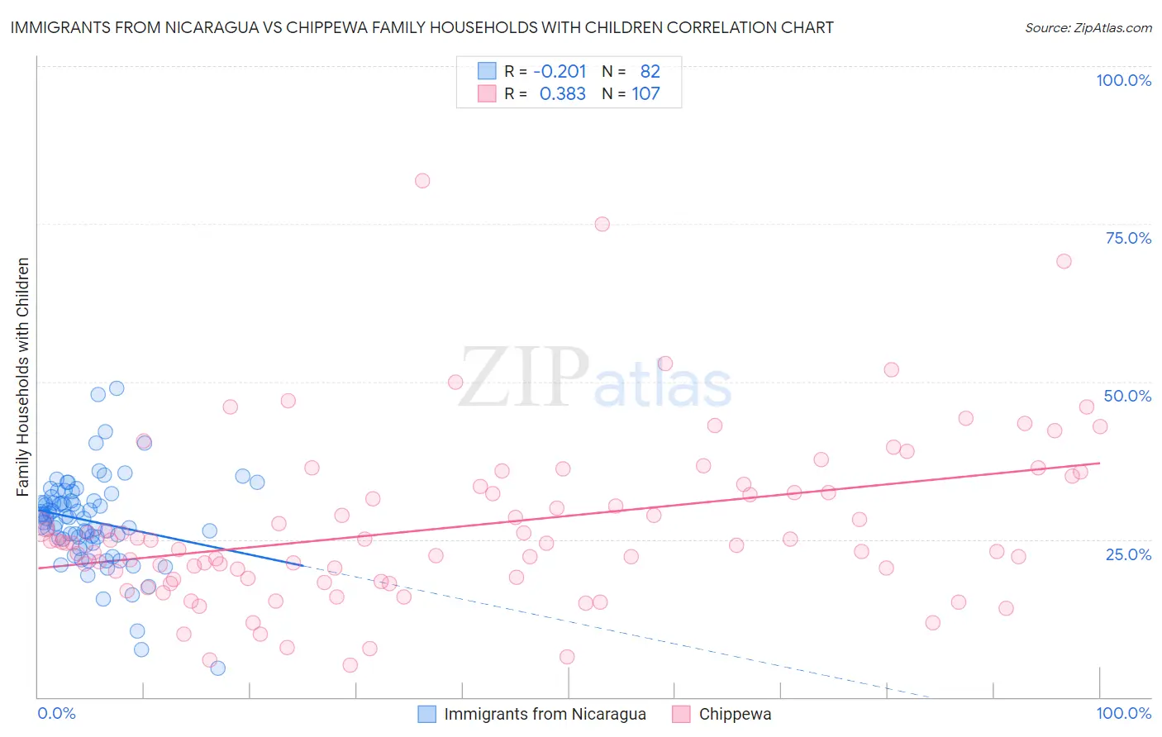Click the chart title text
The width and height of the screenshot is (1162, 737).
click(x=421, y=27)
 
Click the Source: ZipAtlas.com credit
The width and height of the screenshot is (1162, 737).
click(x=1088, y=27)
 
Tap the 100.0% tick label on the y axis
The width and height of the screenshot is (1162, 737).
click(x=1123, y=80)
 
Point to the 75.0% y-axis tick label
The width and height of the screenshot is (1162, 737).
click(x=1128, y=238)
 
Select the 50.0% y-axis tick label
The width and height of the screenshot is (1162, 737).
click(x=1127, y=396)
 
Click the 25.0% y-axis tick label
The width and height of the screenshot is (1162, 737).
click(x=1128, y=554)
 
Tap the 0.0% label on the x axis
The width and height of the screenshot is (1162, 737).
click(x=56, y=713)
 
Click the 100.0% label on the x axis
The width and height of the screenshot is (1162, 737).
click(x=1123, y=713)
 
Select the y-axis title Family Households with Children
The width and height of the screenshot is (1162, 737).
click(x=23, y=377)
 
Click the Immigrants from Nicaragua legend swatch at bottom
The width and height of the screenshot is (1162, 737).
click(x=426, y=714)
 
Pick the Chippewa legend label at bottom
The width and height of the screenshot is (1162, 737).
click(x=735, y=714)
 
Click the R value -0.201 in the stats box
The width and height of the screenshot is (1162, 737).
click(x=560, y=71)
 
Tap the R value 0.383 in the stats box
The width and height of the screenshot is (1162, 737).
click(x=562, y=94)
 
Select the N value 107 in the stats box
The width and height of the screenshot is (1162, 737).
click(x=645, y=94)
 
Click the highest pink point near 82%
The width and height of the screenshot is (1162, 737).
click(x=422, y=180)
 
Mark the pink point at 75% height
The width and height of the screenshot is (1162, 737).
click(x=602, y=224)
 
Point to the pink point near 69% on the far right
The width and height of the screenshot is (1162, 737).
click(x=1064, y=261)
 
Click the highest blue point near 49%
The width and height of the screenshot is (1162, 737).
click(x=117, y=388)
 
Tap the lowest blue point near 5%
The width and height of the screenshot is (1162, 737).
click(x=217, y=668)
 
